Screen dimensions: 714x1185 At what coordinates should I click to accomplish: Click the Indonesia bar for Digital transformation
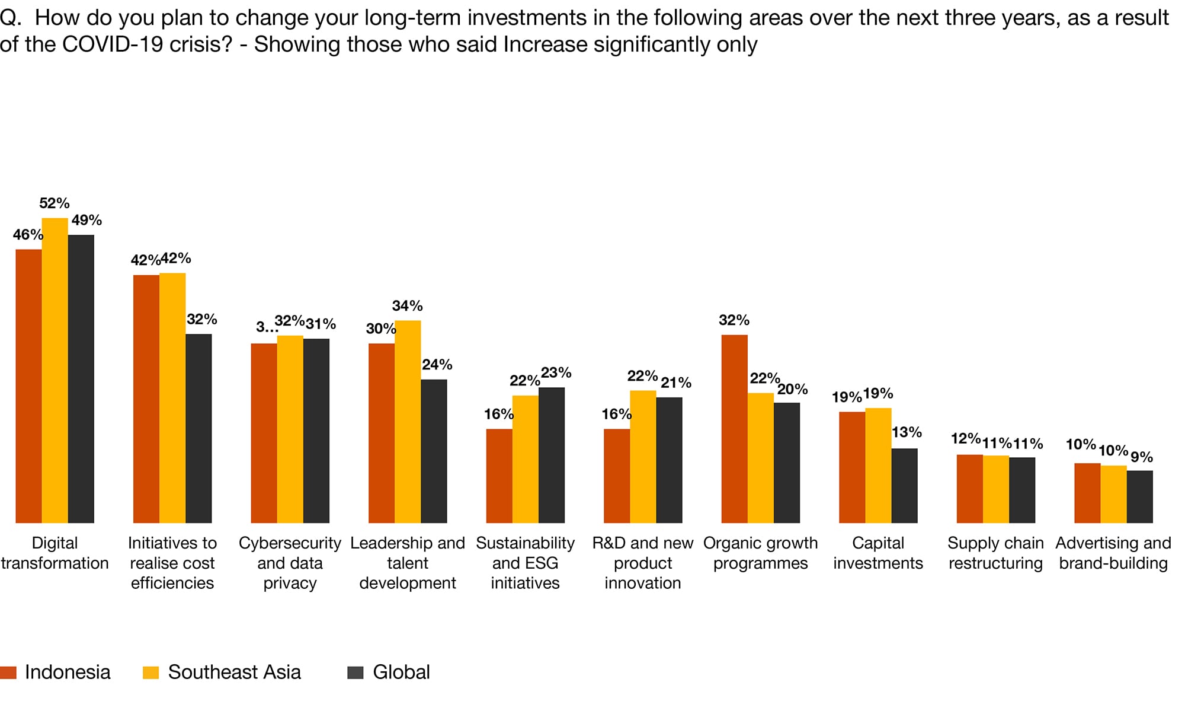[28, 385]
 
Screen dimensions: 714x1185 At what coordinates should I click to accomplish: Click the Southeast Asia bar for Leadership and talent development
[408, 422]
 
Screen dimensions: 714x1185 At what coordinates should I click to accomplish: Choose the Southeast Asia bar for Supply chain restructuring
[995, 489]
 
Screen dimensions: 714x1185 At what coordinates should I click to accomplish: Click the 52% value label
[55, 203]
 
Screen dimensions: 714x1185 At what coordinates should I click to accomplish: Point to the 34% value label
[408, 306]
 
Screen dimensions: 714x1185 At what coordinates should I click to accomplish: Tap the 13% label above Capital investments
[907, 432]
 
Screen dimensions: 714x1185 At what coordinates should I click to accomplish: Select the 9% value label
[1142, 457]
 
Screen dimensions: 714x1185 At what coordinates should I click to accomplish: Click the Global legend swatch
[355, 672]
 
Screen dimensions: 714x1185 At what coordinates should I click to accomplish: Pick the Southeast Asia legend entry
[234, 672]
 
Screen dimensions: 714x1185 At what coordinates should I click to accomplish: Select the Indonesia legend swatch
[8, 672]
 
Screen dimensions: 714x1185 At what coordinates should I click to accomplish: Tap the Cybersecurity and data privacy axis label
[290, 563]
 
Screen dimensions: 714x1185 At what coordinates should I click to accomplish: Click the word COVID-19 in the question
[112, 44]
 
